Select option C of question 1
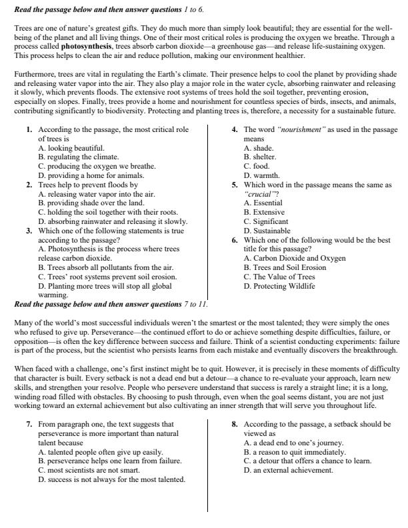coord(97,165)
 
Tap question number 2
coord(29,184)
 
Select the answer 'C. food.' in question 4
coord(257,165)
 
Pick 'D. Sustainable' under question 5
coord(267,230)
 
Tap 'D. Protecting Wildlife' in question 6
coord(279,286)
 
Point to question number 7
coord(29,423)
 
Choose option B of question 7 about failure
coord(110,461)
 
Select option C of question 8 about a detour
coord(307,461)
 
